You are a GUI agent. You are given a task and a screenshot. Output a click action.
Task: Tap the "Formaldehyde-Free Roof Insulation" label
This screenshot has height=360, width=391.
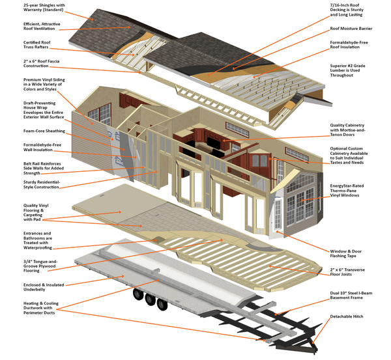coord(355,46)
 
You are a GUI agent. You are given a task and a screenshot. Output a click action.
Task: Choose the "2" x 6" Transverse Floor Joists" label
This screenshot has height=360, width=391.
coord(356,271)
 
